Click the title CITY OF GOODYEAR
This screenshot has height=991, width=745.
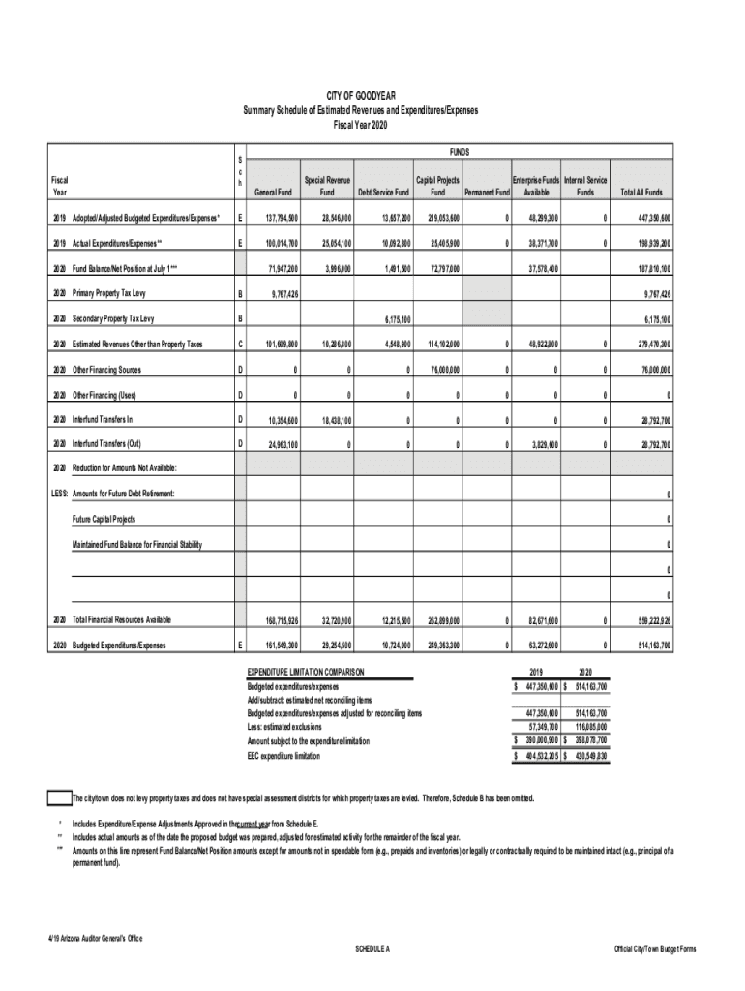pyautogui.click(x=359, y=95)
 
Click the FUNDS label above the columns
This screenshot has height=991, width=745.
pyautogui.click(x=460, y=153)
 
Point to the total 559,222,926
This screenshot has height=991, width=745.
pyautogui.click(x=653, y=619)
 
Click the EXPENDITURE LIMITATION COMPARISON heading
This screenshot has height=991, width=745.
pyautogui.click(x=306, y=671)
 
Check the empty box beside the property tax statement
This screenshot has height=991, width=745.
pyautogui.click(x=58, y=798)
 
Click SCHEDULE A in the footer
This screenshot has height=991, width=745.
pyautogui.click(x=372, y=949)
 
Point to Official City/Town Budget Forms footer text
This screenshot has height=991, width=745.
pyautogui.click(x=655, y=949)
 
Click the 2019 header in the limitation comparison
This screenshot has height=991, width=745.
pyautogui.click(x=536, y=671)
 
